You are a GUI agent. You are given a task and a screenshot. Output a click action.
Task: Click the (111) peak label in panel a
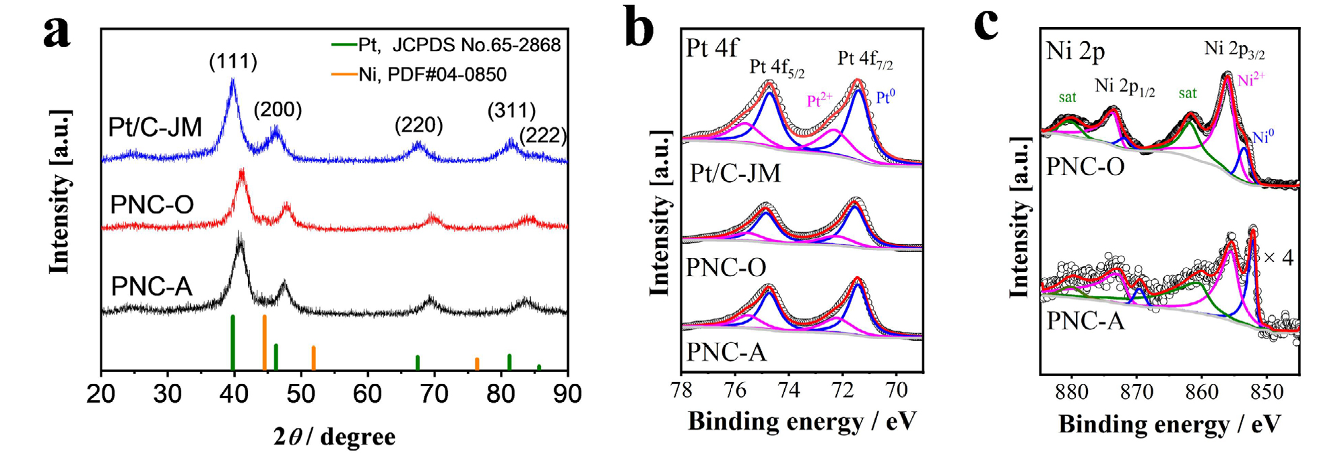click(x=233, y=62)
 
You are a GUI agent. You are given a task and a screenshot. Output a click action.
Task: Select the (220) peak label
click(x=418, y=125)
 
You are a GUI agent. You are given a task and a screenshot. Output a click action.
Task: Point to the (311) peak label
click(x=511, y=110)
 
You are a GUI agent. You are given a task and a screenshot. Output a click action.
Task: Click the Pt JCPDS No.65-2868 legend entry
click(x=447, y=45)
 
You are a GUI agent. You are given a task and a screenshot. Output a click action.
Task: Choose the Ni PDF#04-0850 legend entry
click(x=419, y=74)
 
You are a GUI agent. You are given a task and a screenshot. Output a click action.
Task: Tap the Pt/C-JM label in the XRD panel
click(x=155, y=127)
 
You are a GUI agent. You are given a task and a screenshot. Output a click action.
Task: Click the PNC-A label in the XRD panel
click(x=152, y=286)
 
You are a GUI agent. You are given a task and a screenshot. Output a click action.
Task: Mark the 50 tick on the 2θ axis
click(x=300, y=393)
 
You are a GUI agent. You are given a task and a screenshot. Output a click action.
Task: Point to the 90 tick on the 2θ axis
click(x=567, y=393)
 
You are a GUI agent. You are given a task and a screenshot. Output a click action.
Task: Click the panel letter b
click(x=639, y=28)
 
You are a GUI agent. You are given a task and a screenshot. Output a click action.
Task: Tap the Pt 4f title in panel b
click(x=712, y=48)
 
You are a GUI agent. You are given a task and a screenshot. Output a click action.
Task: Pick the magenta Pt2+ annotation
click(x=819, y=100)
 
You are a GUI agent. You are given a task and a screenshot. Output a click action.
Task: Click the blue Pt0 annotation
click(x=886, y=98)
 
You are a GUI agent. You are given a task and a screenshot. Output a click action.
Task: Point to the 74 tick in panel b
click(x=789, y=390)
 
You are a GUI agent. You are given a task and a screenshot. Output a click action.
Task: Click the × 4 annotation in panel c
click(x=1278, y=257)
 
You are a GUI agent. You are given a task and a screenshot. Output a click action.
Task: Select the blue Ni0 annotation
click(x=1263, y=137)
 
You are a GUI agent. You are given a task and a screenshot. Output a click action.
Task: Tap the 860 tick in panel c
click(x=1202, y=392)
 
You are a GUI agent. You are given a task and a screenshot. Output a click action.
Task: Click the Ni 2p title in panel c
click(x=1075, y=51)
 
